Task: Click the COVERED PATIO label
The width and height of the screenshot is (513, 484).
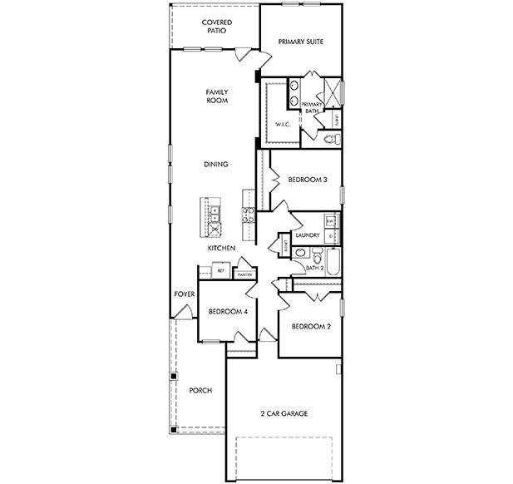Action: (x=216, y=27)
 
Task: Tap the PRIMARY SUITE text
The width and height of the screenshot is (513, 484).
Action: (x=300, y=41)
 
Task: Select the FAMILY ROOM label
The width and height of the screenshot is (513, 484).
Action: (x=216, y=96)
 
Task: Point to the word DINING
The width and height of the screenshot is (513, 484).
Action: (x=216, y=165)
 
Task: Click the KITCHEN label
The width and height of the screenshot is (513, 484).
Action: (x=221, y=249)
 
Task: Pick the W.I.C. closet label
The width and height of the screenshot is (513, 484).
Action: (x=283, y=125)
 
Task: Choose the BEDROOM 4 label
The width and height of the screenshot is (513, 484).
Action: (x=228, y=312)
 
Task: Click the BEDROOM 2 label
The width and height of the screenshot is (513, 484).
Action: (x=311, y=327)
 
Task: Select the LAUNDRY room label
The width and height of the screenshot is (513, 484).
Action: (x=308, y=235)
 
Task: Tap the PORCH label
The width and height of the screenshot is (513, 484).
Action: (x=200, y=390)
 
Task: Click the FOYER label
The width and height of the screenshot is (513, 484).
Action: (x=184, y=294)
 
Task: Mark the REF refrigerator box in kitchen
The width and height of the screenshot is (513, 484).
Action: (x=221, y=271)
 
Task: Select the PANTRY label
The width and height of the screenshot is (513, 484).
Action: (x=244, y=274)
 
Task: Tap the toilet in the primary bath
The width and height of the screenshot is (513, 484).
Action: (x=333, y=140)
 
